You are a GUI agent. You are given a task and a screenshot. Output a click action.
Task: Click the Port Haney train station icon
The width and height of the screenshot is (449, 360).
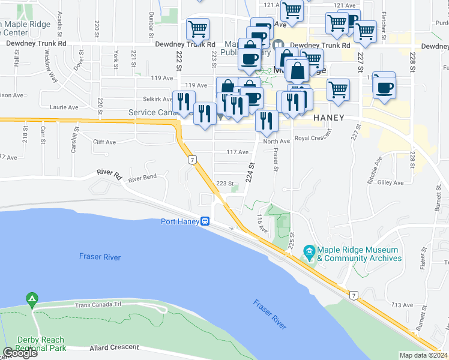205,221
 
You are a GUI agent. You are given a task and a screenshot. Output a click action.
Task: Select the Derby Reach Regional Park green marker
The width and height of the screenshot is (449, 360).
31,298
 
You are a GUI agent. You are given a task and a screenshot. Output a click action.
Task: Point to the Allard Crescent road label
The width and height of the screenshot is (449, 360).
115,347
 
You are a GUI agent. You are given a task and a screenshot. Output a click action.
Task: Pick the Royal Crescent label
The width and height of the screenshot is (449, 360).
313,139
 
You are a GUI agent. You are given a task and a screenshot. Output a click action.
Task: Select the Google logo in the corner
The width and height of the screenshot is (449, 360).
20,353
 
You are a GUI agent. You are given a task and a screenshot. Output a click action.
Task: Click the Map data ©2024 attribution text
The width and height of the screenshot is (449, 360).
424,355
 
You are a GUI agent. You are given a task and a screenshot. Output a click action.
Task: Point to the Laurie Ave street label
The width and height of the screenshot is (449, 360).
65,107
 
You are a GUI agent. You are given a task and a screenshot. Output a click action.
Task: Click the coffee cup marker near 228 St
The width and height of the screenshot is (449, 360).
384,88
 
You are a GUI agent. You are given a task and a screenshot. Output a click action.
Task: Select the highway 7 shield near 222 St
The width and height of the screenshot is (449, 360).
191,160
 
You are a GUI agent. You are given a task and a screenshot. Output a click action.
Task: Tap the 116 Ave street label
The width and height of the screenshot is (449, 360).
261,223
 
